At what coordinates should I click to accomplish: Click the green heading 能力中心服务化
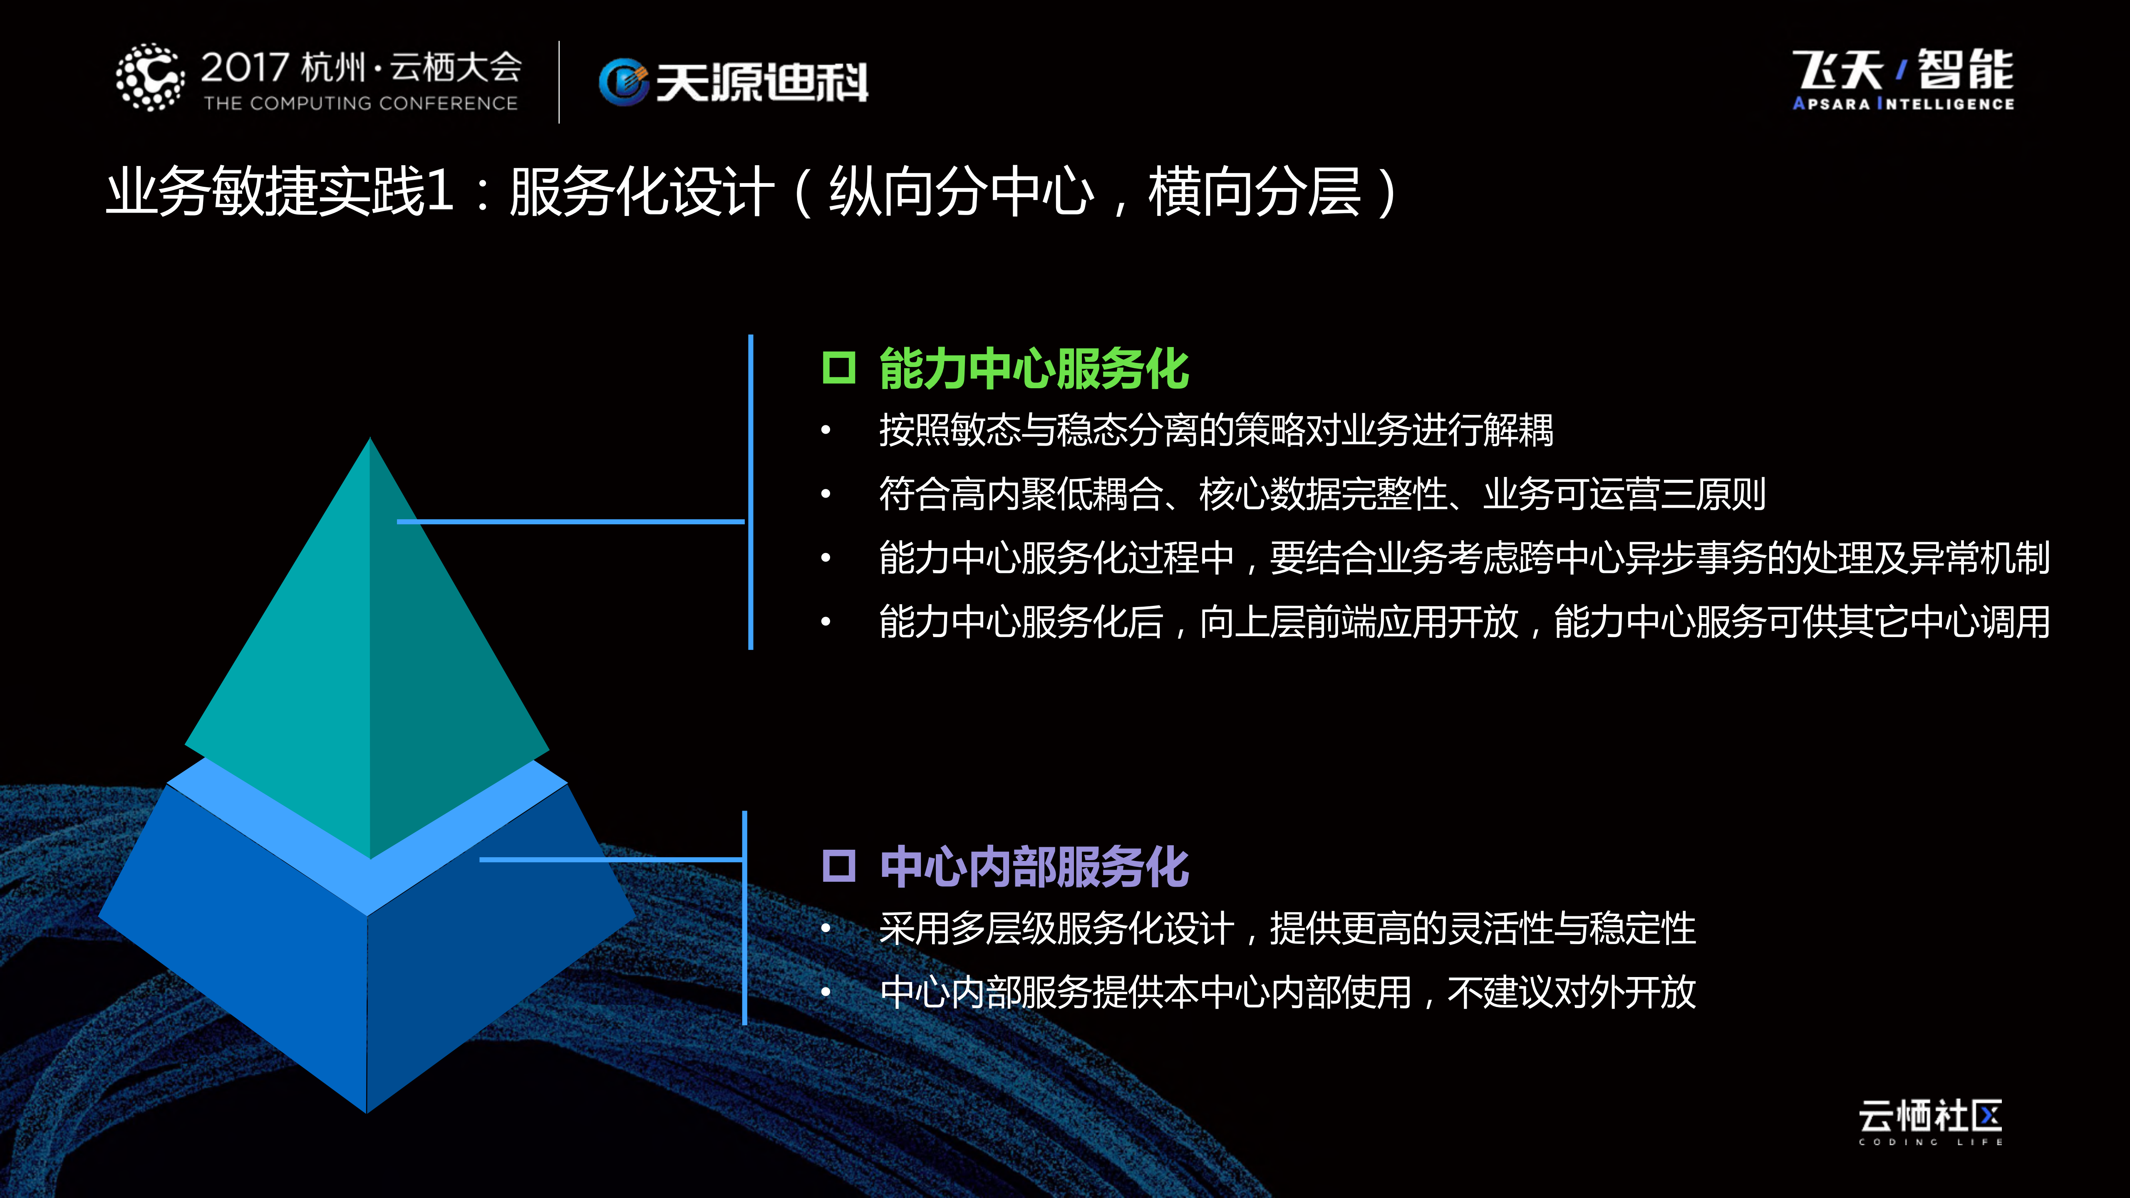pyautogui.click(x=1034, y=369)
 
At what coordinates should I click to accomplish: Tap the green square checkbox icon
pyautogui.click(x=838, y=368)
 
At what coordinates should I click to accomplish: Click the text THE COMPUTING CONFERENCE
pyautogui.click(x=360, y=103)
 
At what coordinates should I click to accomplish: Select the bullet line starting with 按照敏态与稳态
pyautogui.click(x=1215, y=430)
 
